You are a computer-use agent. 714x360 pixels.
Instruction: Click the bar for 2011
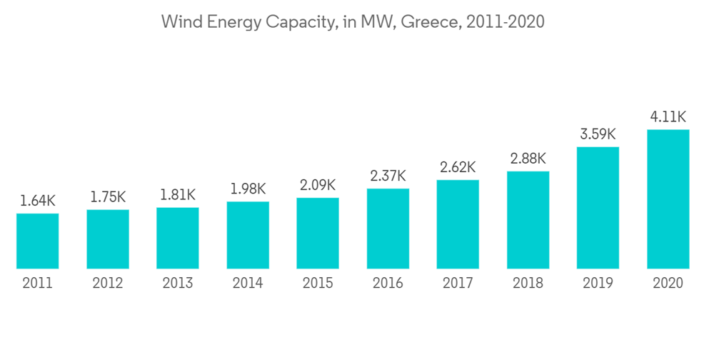tap(38, 241)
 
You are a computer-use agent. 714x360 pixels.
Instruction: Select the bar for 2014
tap(248, 235)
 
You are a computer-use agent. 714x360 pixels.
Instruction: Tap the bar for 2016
tap(388, 229)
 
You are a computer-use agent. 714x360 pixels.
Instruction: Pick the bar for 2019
tap(598, 208)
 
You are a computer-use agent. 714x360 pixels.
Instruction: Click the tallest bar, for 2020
tap(668, 199)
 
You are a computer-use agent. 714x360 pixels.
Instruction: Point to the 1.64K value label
tap(38, 201)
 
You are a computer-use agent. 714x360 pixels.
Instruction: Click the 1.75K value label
tap(108, 197)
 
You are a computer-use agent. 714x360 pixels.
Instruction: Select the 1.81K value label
tap(178, 195)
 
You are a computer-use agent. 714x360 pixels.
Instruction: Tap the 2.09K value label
tap(318, 185)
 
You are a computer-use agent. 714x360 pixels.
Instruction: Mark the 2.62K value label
tap(458, 167)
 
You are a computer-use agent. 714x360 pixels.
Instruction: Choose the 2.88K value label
tap(528, 158)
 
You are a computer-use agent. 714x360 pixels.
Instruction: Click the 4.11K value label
tap(668, 116)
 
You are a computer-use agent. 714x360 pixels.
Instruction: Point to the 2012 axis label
tap(108, 284)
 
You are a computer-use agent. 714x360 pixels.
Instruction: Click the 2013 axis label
tap(178, 284)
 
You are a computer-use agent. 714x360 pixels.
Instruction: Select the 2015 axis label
tap(318, 284)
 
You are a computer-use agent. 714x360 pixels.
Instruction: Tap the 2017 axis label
tap(458, 284)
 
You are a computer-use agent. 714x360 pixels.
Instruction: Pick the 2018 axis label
tap(528, 284)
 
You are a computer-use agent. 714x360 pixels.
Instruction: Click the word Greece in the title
tap(431, 22)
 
